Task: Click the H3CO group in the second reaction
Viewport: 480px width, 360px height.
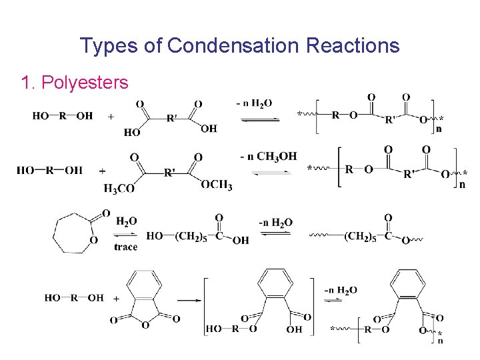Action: pyautogui.click(x=119, y=189)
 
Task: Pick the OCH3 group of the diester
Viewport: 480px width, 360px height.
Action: pyautogui.click(x=217, y=185)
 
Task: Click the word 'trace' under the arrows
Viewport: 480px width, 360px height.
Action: pyautogui.click(x=125, y=247)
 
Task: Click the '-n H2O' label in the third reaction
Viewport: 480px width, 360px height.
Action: pyautogui.click(x=275, y=223)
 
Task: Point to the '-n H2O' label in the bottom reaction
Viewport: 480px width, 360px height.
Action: pyautogui.click(x=340, y=290)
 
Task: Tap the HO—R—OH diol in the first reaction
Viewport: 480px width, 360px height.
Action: pyautogui.click(x=63, y=116)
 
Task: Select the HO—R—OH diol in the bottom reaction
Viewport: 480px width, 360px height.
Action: pyautogui.click(x=74, y=298)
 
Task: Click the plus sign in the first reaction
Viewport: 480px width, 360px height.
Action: pyautogui.click(x=110, y=117)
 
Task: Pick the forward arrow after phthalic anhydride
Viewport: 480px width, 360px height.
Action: pyautogui.click(x=190, y=301)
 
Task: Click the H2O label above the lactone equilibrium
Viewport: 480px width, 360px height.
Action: pyautogui.click(x=127, y=221)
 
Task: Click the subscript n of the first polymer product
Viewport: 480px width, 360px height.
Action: pyautogui.click(x=438, y=129)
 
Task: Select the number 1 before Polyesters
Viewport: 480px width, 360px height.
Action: pyautogui.click(x=26, y=83)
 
